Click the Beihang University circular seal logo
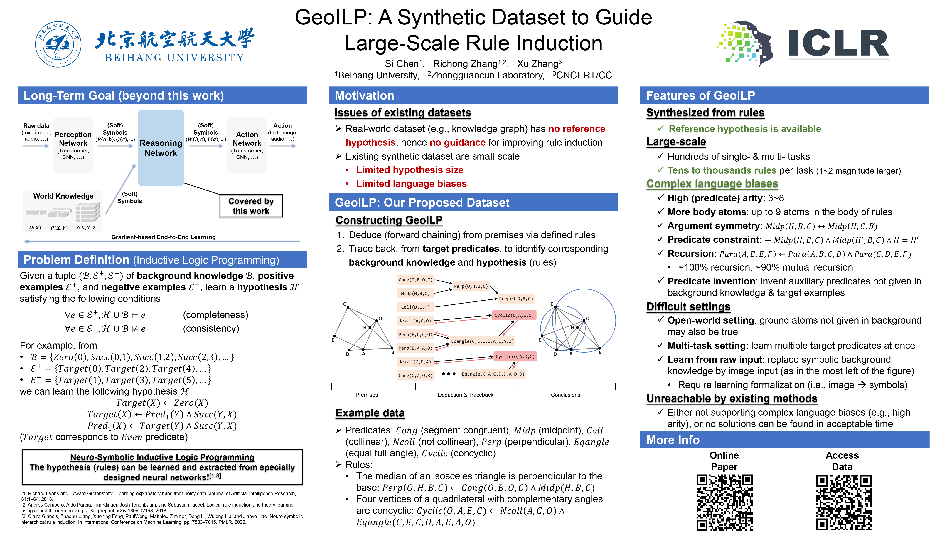(58, 44)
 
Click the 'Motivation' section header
(364, 96)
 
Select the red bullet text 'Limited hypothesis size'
(410, 170)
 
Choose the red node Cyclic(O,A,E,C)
(514, 315)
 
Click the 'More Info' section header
(673, 440)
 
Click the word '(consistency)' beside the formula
(211, 328)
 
